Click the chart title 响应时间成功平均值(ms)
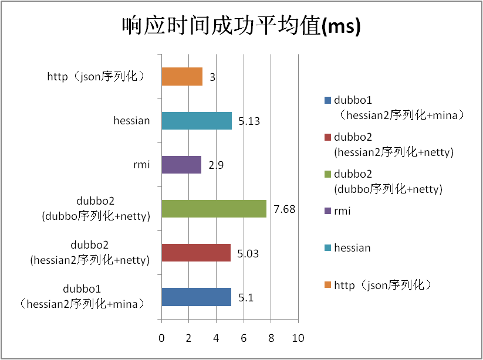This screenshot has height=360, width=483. point(241,26)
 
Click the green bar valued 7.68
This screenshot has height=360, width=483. point(214,209)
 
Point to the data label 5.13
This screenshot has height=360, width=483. point(249,122)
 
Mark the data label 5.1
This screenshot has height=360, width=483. point(245,298)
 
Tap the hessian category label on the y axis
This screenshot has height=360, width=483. point(132,121)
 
